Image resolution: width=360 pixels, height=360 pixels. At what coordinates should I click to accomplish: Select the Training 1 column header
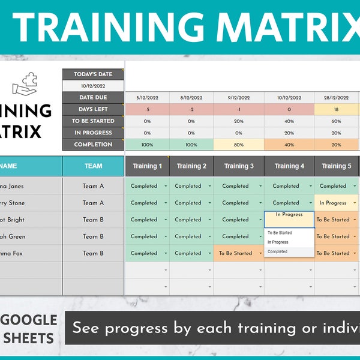click(148, 166)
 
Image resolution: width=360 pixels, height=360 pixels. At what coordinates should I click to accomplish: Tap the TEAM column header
click(93, 166)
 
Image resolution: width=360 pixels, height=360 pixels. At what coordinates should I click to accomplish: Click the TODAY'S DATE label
click(93, 74)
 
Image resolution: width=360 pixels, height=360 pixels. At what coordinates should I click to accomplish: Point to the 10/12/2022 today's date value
click(93, 86)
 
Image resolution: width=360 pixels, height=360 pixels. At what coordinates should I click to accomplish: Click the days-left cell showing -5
click(147, 109)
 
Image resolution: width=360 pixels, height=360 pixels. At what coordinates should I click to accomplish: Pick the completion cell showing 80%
click(239, 145)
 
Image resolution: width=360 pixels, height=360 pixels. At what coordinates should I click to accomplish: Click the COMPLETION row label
click(93, 145)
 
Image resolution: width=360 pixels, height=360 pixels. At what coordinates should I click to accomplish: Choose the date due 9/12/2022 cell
click(239, 98)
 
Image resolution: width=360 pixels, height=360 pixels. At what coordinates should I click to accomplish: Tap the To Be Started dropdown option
click(280, 233)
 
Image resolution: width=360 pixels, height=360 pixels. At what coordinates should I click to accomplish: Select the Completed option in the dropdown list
click(278, 252)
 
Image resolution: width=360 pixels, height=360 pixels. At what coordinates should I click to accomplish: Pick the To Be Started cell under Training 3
click(236, 253)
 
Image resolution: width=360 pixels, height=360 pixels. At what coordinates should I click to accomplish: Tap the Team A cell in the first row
click(93, 186)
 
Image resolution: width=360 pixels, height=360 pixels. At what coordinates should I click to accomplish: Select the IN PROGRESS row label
click(93, 133)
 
